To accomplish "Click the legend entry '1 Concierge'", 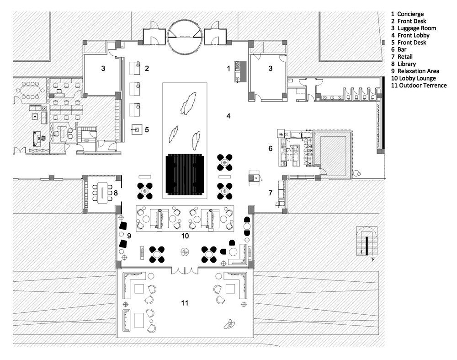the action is (x=407, y=14).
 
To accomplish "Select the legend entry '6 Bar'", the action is (x=399, y=49).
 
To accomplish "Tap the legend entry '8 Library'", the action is (x=404, y=64).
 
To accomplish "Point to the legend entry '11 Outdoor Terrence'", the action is (x=419, y=86).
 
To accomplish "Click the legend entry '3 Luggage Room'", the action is (x=414, y=28).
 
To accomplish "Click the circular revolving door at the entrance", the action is (x=185, y=36).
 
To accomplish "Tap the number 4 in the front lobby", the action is (x=228, y=116).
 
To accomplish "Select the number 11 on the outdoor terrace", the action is (x=185, y=303).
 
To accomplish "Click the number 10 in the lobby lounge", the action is (x=185, y=236).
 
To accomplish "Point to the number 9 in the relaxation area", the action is (x=129, y=236).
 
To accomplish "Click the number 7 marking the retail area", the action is (x=270, y=193).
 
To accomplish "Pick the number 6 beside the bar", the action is (x=270, y=149).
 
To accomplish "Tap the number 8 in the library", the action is (x=116, y=193).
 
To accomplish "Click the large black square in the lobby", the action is (x=185, y=175).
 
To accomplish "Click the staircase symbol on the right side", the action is (x=367, y=241).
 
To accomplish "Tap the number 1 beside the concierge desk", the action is (x=228, y=68).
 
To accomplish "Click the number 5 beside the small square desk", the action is (x=147, y=129).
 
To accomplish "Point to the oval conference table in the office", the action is (x=30, y=91).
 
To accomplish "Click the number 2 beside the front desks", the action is (x=147, y=68).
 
